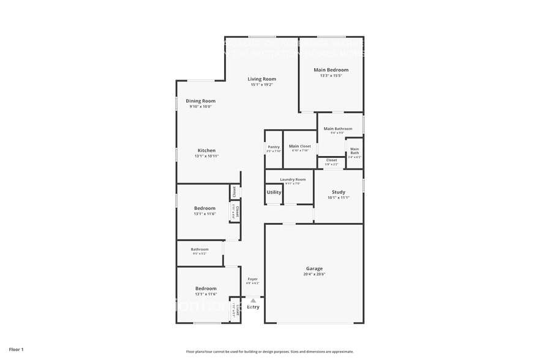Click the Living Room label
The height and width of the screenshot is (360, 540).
coord(261,79)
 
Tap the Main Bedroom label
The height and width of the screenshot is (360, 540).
coord(331,70)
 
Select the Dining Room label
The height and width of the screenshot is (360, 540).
coord(201,101)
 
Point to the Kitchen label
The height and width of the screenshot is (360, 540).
coord(206,151)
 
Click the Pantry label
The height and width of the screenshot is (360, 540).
coord(274,146)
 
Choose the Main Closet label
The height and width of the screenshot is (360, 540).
coord(300,146)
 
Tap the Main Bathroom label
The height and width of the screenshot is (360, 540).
coord(338,129)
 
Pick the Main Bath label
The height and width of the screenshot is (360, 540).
coord(354,151)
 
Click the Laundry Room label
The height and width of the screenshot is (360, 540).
coord(293,179)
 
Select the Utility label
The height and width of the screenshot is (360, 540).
coord(274,192)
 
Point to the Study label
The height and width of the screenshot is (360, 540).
coord(339,192)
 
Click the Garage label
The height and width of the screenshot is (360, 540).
coord(314,269)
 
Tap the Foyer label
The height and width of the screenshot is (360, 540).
coord(252,279)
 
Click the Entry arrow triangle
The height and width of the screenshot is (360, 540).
coord(253,300)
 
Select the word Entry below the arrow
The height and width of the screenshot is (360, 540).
coord(253,307)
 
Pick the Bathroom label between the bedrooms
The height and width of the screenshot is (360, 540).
coord(200,249)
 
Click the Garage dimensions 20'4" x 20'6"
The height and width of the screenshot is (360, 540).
coord(314,274)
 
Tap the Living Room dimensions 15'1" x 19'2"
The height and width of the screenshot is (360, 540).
coord(261,84)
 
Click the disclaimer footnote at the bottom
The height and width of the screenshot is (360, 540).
coord(269,351)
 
